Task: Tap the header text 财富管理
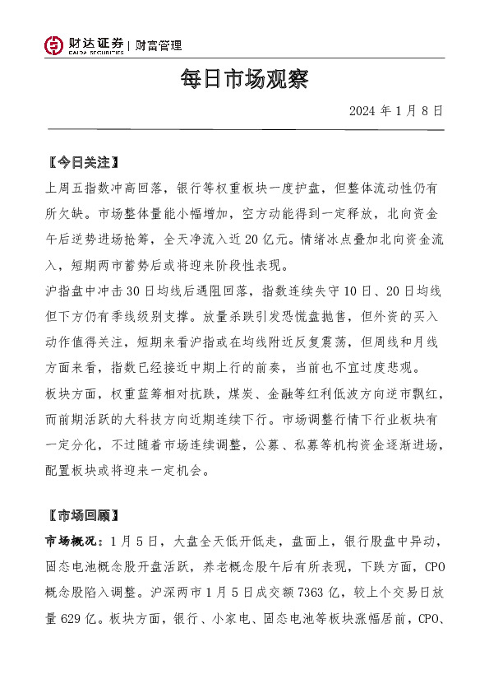[x=159, y=46]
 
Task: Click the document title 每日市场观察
[x=244, y=80]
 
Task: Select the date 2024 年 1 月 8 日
[x=396, y=110]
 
